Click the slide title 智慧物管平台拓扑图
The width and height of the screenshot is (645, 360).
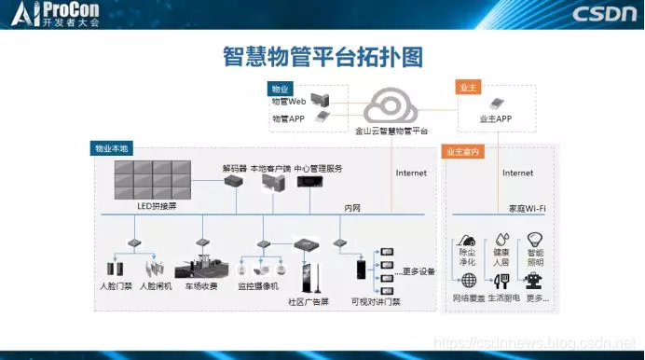(x=322, y=56)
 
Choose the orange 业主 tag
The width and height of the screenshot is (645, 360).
(x=468, y=87)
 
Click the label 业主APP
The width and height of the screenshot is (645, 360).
(x=497, y=119)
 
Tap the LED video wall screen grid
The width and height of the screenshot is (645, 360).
(x=153, y=178)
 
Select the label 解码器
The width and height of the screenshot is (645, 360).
(x=234, y=169)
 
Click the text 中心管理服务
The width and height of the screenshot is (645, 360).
(x=318, y=169)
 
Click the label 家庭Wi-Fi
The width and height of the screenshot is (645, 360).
(x=528, y=208)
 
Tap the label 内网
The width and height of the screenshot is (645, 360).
(x=351, y=208)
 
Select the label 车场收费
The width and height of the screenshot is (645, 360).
(x=200, y=285)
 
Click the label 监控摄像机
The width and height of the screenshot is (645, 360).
(x=257, y=285)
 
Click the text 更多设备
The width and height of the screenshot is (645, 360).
(x=419, y=272)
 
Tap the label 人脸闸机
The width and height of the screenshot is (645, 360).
(x=156, y=285)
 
